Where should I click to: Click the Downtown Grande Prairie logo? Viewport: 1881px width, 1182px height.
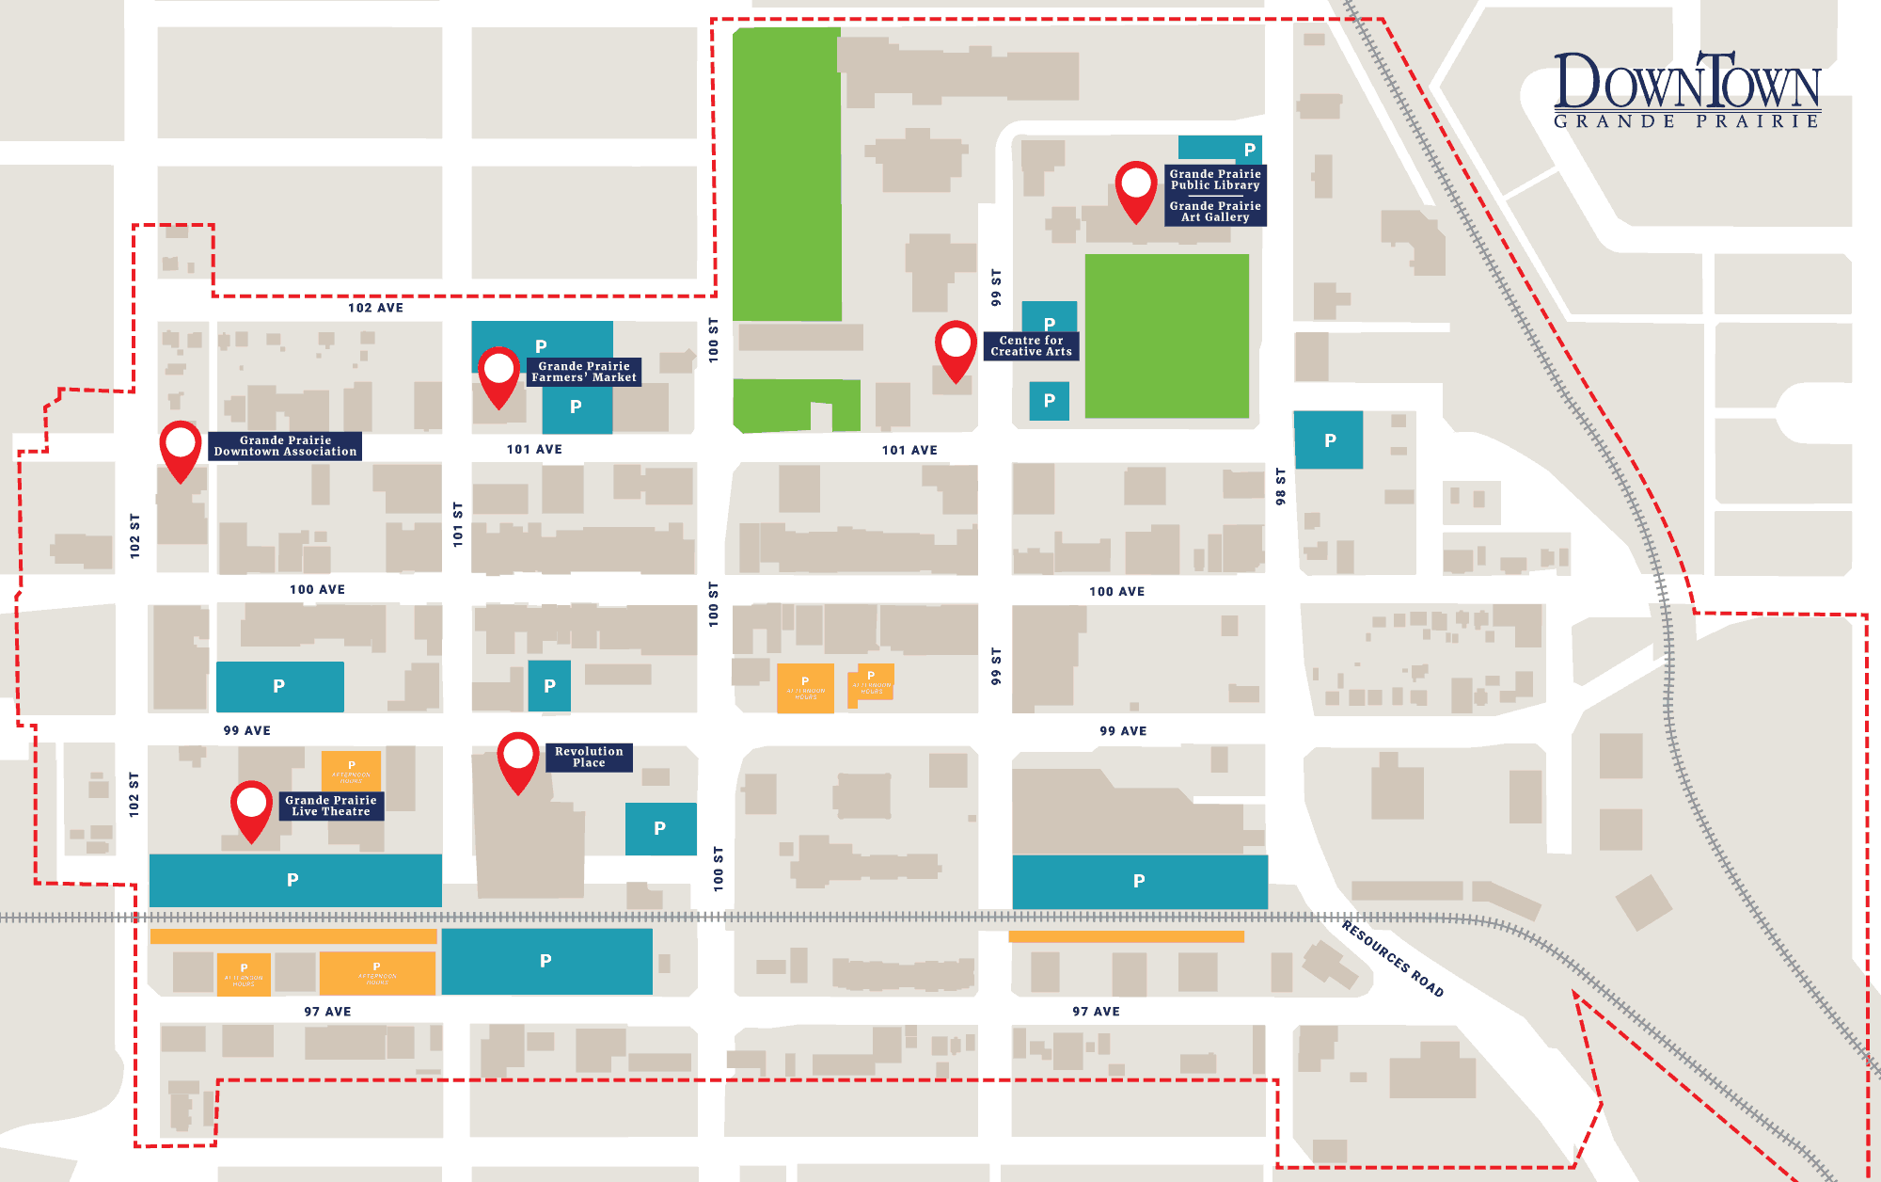[1686, 90]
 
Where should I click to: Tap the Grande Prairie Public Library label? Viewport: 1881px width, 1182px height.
[1215, 180]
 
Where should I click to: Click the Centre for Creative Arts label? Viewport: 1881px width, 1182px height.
[1031, 346]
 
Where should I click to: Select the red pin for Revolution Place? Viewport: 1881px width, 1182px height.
[518, 759]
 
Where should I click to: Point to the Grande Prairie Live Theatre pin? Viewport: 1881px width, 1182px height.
[252, 807]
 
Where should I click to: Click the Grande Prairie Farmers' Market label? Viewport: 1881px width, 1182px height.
[583, 372]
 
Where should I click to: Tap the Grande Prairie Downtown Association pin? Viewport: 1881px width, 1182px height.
[180, 448]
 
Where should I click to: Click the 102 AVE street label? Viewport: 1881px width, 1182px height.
[375, 308]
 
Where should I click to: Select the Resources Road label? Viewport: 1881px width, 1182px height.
[1392, 958]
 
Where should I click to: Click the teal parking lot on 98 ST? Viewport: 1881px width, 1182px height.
[1328, 439]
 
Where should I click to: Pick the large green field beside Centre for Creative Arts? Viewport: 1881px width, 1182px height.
[1166, 336]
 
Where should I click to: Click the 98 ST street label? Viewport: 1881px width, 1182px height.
[1280, 487]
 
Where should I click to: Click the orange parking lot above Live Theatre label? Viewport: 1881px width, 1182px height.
[351, 769]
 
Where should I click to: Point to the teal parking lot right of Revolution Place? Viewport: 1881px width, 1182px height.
[660, 828]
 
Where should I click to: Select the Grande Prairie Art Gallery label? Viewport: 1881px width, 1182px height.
[1215, 212]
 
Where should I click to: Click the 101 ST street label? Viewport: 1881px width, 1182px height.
[458, 524]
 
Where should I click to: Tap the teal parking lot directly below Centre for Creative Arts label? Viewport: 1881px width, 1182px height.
[1049, 400]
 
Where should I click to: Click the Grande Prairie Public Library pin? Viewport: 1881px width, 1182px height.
[1135, 188]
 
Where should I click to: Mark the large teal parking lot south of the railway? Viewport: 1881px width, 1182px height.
[546, 961]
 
